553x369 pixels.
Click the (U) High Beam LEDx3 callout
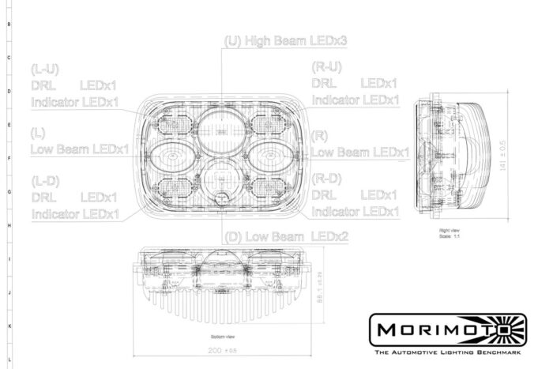286,40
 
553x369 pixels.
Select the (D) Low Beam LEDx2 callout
287,236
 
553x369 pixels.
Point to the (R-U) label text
327,68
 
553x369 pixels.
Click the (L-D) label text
45,180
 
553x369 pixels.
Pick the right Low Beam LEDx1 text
360,151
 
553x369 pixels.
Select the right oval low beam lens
272,156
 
